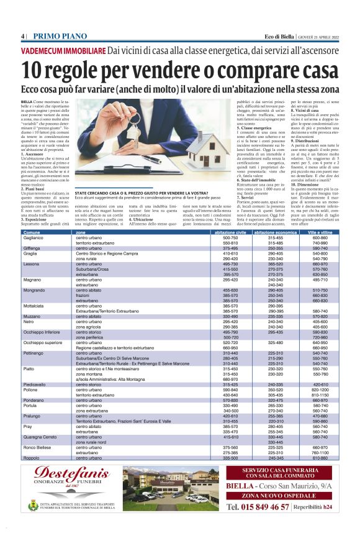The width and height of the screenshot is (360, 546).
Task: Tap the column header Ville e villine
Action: [320, 232]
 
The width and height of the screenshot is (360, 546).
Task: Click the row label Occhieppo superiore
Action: [43, 343]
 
